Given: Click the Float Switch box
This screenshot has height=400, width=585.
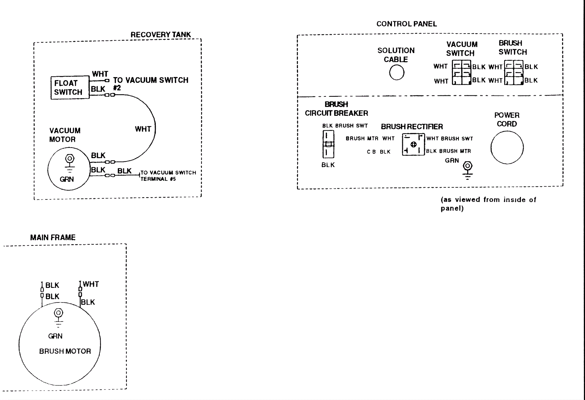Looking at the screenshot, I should click(x=69, y=88).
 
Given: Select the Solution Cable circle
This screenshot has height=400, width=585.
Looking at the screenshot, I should click(x=397, y=72).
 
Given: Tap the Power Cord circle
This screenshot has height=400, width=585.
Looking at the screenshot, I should click(x=507, y=148).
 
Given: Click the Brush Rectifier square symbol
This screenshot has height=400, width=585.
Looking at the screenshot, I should click(x=413, y=145).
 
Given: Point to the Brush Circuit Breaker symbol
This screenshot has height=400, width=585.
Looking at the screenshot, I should click(x=328, y=144).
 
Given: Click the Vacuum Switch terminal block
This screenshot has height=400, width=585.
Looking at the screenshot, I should click(x=461, y=73).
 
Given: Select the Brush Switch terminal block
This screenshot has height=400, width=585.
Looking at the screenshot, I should click(x=514, y=73).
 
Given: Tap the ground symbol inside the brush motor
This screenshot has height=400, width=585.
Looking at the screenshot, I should click(x=58, y=316).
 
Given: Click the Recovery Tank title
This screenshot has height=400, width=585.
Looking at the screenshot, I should click(x=161, y=35).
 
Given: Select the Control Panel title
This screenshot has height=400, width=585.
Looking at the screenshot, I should click(x=407, y=24).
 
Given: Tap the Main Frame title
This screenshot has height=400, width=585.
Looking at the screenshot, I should click(x=53, y=237).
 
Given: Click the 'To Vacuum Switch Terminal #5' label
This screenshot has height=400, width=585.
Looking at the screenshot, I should click(x=168, y=176).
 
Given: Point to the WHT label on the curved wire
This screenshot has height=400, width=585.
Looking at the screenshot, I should click(x=143, y=129).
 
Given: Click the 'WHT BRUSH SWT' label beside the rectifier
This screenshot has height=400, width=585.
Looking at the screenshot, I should click(x=449, y=138).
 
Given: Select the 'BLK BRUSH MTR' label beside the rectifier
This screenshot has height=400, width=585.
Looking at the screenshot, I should click(x=448, y=151).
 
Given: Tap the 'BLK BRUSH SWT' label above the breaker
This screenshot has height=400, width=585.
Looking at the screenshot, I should click(x=345, y=126).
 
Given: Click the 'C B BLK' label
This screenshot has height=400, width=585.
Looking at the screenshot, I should click(x=378, y=152).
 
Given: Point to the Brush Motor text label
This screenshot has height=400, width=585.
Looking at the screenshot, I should click(x=65, y=351).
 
